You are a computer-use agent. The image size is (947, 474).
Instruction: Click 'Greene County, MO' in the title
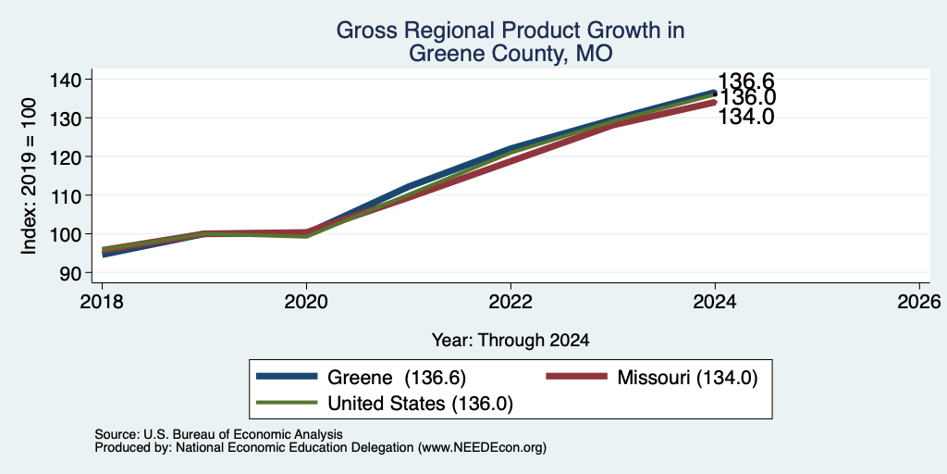point(510,54)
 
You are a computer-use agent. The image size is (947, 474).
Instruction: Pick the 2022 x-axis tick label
point(510,301)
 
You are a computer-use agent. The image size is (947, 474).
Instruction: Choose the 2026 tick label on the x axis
point(919,301)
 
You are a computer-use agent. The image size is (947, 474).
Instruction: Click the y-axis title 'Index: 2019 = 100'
point(29,176)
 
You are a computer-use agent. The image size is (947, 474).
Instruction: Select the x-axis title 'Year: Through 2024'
point(510,341)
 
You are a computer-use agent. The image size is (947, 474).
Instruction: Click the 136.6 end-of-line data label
point(746,81)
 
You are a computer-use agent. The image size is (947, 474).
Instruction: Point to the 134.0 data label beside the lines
point(746,117)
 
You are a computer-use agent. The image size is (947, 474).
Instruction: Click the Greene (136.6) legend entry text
point(397,378)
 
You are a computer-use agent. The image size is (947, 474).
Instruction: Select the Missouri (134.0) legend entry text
point(687,378)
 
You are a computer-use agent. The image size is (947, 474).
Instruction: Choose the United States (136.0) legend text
point(421,404)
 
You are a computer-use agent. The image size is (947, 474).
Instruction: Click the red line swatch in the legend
point(576,377)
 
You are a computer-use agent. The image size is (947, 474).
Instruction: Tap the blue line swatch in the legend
point(287,377)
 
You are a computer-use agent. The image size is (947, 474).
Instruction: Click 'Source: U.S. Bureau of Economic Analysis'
point(218,434)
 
